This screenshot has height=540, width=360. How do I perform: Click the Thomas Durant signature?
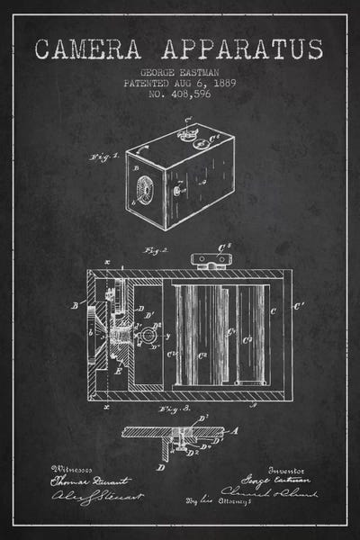(x=81, y=483)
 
